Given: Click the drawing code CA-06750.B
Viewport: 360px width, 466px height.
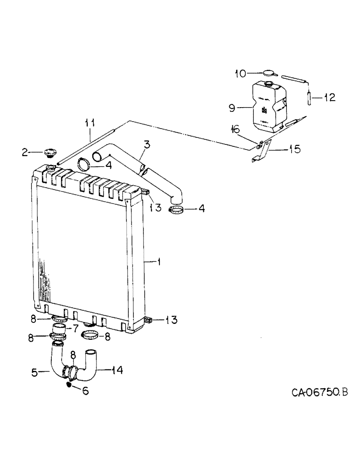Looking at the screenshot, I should (320, 392).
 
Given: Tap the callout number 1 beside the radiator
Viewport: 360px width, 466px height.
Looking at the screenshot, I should (159, 263).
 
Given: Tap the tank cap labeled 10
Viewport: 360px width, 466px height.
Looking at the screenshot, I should (269, 73).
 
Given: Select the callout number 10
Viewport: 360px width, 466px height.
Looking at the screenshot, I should (240, 73).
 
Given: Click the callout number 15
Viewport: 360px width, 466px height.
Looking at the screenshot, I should (295, 150).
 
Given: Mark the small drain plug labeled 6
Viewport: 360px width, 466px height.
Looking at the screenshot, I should (69, 385).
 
